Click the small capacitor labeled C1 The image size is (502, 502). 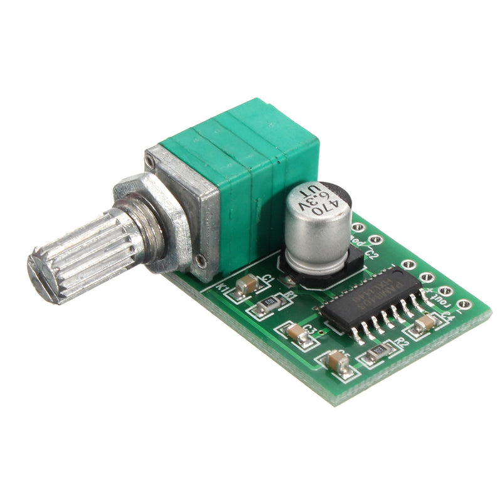click(x=247, y=284)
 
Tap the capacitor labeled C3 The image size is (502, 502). click(x=298, y=333)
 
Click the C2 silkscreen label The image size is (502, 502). click(x=371, y=255)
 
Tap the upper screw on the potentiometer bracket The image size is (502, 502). click(x=149, y=162)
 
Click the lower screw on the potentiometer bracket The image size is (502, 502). click(x=200, y=260)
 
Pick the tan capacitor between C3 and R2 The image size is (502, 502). click(x=339, y=361)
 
